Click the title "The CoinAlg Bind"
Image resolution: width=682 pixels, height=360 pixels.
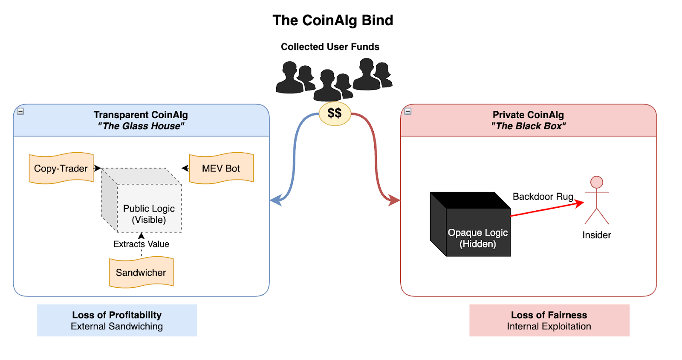click(x=332, y=20)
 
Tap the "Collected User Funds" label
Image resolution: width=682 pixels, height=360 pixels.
click(x=330, y=47)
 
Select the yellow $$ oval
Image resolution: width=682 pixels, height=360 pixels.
click(x=335, y=113)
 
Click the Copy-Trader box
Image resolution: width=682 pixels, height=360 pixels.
click(x=61, y=168)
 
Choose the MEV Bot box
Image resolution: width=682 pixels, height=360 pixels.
click(x=221, y=168)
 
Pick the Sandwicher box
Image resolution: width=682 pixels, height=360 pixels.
click(x=141, y=273)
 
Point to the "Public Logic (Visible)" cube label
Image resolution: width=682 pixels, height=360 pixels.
click(x=149, y=214)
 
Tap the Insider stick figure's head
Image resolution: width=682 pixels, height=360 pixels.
click(x=596, y=182)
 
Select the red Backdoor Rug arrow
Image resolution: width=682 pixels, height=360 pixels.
click(x=546, y=209)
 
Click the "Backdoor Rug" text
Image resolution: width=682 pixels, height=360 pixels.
click(x=543, y=197)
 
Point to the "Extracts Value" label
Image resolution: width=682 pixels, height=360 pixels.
click(x=141, y=244)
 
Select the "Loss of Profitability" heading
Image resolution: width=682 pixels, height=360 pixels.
click(x=117, y=315)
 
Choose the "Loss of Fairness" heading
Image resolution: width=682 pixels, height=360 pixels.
click(x=549, y=315)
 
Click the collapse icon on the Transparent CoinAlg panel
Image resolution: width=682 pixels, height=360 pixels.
click(x=20, y=111)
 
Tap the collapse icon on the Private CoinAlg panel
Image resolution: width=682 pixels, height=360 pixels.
click(x=408, y=111)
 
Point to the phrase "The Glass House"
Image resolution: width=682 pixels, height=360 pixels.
click(x=141, y=126)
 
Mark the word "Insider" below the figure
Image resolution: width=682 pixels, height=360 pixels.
click(x=596, y=235)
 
